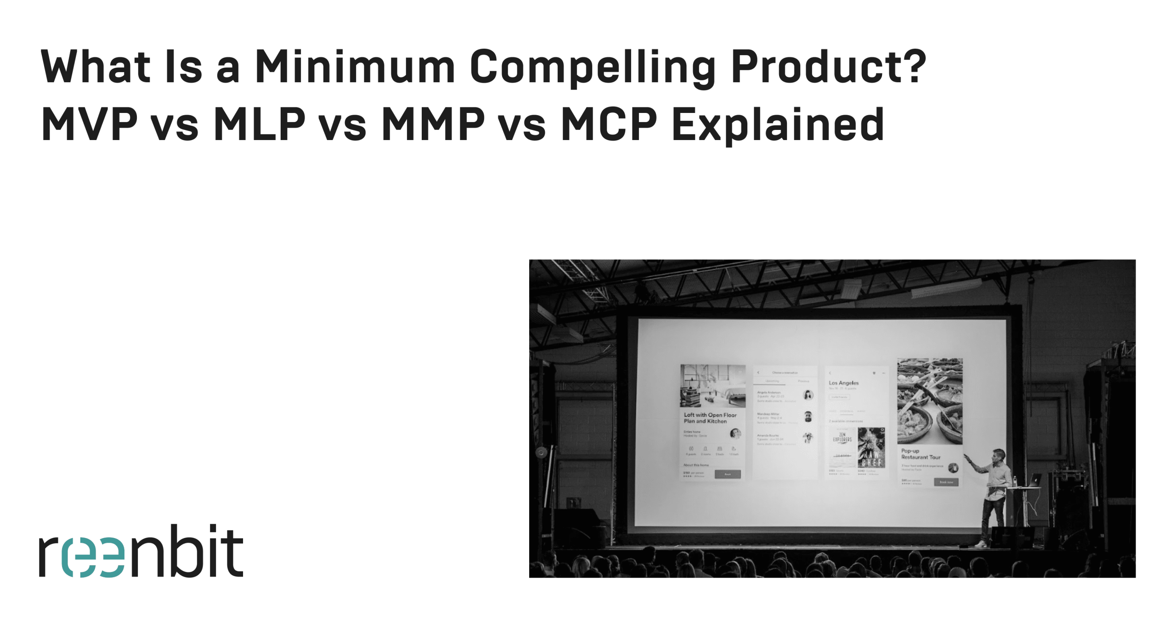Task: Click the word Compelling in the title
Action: click(x=592, y=67)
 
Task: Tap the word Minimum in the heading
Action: click(x=355, y=67)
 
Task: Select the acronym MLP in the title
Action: click(x=259, y=124)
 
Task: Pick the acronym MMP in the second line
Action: click(x=433, y=124)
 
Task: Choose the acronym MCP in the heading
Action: click(x=609, y=124)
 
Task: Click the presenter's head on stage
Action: click(x=998, y=455)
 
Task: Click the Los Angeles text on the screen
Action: click(x=843, y=383)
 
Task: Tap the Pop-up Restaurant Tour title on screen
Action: click(x=920, y=454)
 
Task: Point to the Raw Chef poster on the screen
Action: click(x=871, y=448)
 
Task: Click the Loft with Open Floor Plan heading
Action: click(x=709, y=418)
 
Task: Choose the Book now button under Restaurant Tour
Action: click(x=946, y=482)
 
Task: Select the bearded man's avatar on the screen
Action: click(x=808, y=416)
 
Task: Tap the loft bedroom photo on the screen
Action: click(x=712, y=386)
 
